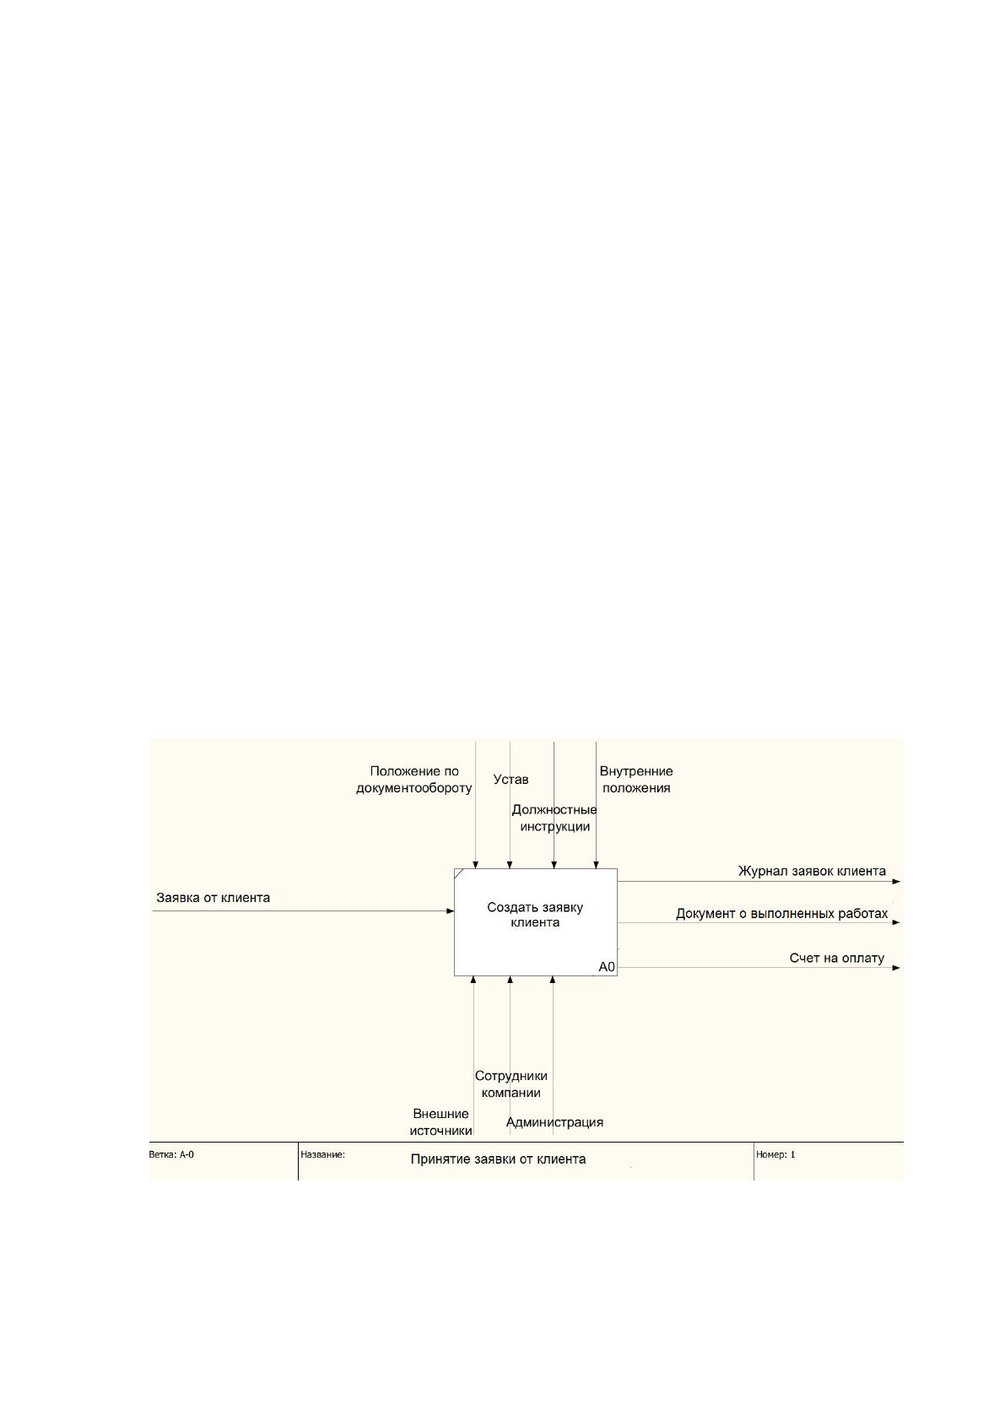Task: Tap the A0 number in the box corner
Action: coord(607,967)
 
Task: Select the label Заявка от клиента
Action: coord(213,898)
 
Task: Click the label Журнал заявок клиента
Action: coord(812,871)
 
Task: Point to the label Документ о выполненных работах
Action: coord(781,914)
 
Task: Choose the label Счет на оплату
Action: coord(837,958)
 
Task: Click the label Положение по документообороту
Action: coord(414,780)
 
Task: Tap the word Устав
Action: coord(511,780)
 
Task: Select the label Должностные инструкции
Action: coord(554,819)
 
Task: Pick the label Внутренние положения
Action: coord(636,780)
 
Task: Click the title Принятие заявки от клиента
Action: coord(498,1159)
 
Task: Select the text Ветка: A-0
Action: coord(171,1154)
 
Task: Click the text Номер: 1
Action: coord(775,1154)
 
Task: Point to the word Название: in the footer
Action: coord(323,1154)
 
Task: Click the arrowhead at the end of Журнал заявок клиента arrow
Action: coord(896,882)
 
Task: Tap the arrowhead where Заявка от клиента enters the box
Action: coord(451,911)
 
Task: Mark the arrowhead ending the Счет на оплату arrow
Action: coord(896,968)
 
